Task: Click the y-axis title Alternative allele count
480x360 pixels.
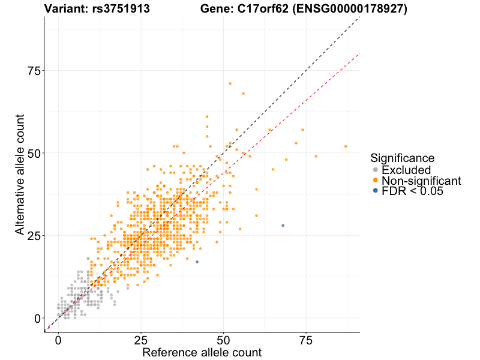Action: [20, 174]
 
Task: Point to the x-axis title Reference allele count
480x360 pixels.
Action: [202, 352]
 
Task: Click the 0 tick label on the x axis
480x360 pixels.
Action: [58, 339]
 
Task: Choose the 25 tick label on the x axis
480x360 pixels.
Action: [140, 339]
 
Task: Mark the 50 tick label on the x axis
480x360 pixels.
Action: [223, 339]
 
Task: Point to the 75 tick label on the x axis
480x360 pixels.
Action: [306, 339]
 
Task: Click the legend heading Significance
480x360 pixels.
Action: [402, 158]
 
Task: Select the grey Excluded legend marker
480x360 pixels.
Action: [376, 170]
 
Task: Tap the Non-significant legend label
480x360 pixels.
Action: [421, 181]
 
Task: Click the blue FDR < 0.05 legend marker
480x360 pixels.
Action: [376, 191]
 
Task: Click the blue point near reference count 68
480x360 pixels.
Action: [283, 225]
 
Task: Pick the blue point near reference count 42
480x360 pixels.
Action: [197, 262]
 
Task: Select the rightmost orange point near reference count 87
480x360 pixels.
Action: [346, 146]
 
